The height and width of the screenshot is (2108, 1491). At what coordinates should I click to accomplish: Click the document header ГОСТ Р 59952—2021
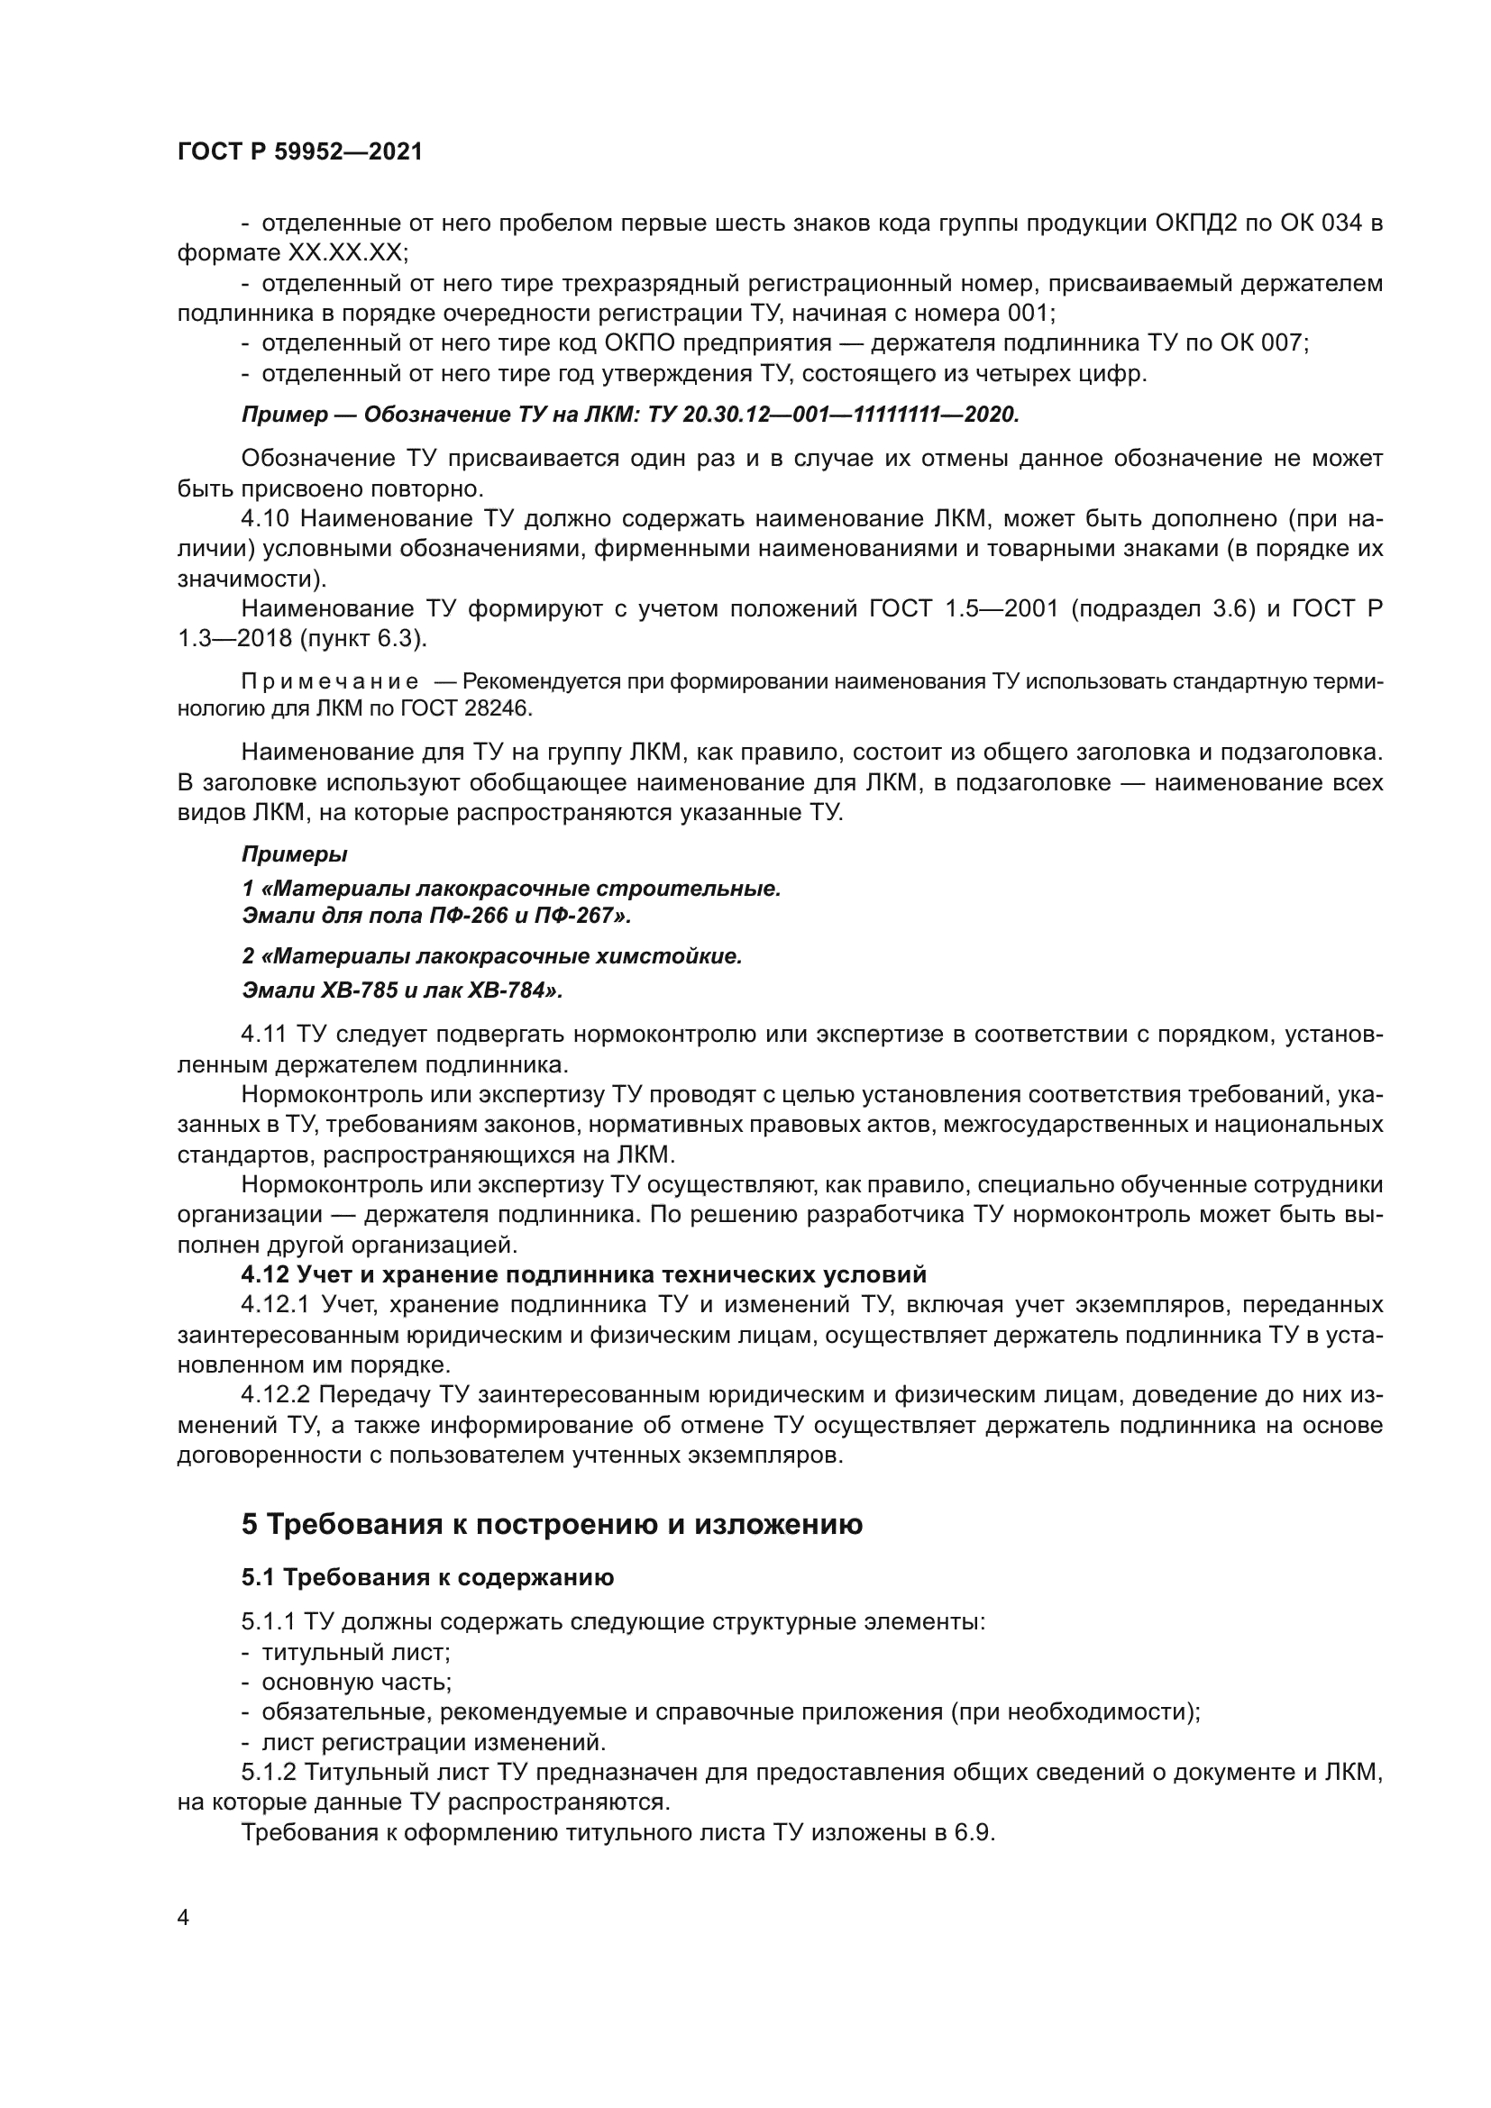tap(299, 152)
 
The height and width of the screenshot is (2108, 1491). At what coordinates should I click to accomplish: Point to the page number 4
tap(183, 1918)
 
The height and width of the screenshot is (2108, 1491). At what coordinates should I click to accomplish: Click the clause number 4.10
tap(265, 519)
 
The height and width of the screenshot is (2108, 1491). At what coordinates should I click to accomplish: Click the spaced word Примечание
tap(330, 682)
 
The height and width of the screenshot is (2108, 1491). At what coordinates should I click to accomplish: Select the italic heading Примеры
tap(294, 854)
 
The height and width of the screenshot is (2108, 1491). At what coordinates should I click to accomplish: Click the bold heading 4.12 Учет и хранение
tap(583, 1275)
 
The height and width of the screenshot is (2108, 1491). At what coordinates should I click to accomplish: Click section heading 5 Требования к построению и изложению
tap(551, 1525)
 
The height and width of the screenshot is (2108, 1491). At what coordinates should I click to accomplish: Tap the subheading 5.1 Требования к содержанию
tap(427, 1578)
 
